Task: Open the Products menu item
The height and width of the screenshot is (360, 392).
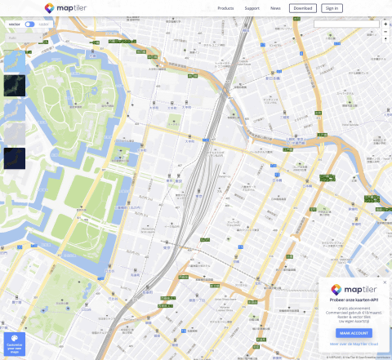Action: [x=226, y=8]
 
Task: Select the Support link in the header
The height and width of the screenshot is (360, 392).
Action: [x=252, y=8]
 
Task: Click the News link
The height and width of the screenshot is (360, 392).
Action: [x=275, y=8]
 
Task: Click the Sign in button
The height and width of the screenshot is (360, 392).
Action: [x=331, y=8]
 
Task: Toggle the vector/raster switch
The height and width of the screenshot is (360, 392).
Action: [x=29, y=24]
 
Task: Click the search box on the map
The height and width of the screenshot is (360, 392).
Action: [x=346, y=24]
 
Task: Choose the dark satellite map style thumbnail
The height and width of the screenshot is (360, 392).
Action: [x=15, y=86]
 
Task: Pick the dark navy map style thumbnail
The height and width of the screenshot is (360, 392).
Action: [x=15, y=158]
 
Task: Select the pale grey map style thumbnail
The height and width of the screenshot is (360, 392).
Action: [x=15, y=133]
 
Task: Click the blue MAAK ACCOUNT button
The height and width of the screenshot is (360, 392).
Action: [x=354, y=333]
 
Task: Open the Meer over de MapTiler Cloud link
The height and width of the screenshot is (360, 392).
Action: [x=354, y=344]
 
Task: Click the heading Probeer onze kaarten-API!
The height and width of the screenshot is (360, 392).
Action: [x=354, y=300]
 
